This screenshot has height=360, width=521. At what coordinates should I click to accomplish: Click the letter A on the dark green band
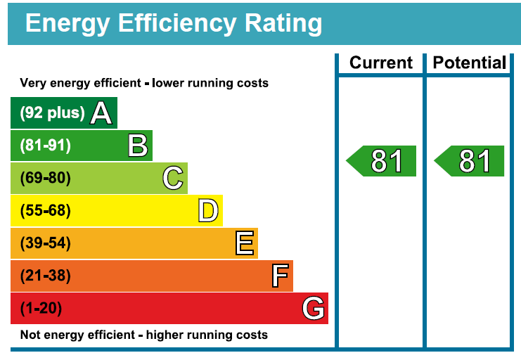[102, 113]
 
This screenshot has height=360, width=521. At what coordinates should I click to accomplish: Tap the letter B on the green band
[138, 146]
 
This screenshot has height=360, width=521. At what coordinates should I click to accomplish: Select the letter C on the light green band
[173, 178]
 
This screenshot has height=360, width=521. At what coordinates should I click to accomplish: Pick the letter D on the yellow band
[208, 210]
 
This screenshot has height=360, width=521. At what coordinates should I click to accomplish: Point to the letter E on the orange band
[244, 243]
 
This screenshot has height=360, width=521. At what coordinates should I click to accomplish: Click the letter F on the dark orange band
[280, 276]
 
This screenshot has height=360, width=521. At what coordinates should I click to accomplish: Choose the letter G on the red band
[313, 308]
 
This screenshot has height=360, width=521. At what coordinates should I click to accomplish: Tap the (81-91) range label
[46, 146]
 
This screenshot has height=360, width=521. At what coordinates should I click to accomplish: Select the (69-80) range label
[46, 178]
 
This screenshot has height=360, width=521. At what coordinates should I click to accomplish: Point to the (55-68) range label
[46, 210]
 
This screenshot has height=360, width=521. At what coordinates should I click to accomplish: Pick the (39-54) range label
[46, 243]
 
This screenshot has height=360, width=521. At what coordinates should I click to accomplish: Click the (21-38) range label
[46, 276]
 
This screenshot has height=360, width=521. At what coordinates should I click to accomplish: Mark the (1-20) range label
[41, 308]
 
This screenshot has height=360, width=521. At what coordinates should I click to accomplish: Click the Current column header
[380, 63]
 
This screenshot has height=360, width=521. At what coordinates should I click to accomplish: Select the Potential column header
[469, 63]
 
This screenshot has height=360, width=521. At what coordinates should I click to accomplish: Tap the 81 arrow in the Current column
[383, 161]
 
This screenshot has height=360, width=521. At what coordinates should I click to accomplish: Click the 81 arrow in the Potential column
[471, 161]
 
